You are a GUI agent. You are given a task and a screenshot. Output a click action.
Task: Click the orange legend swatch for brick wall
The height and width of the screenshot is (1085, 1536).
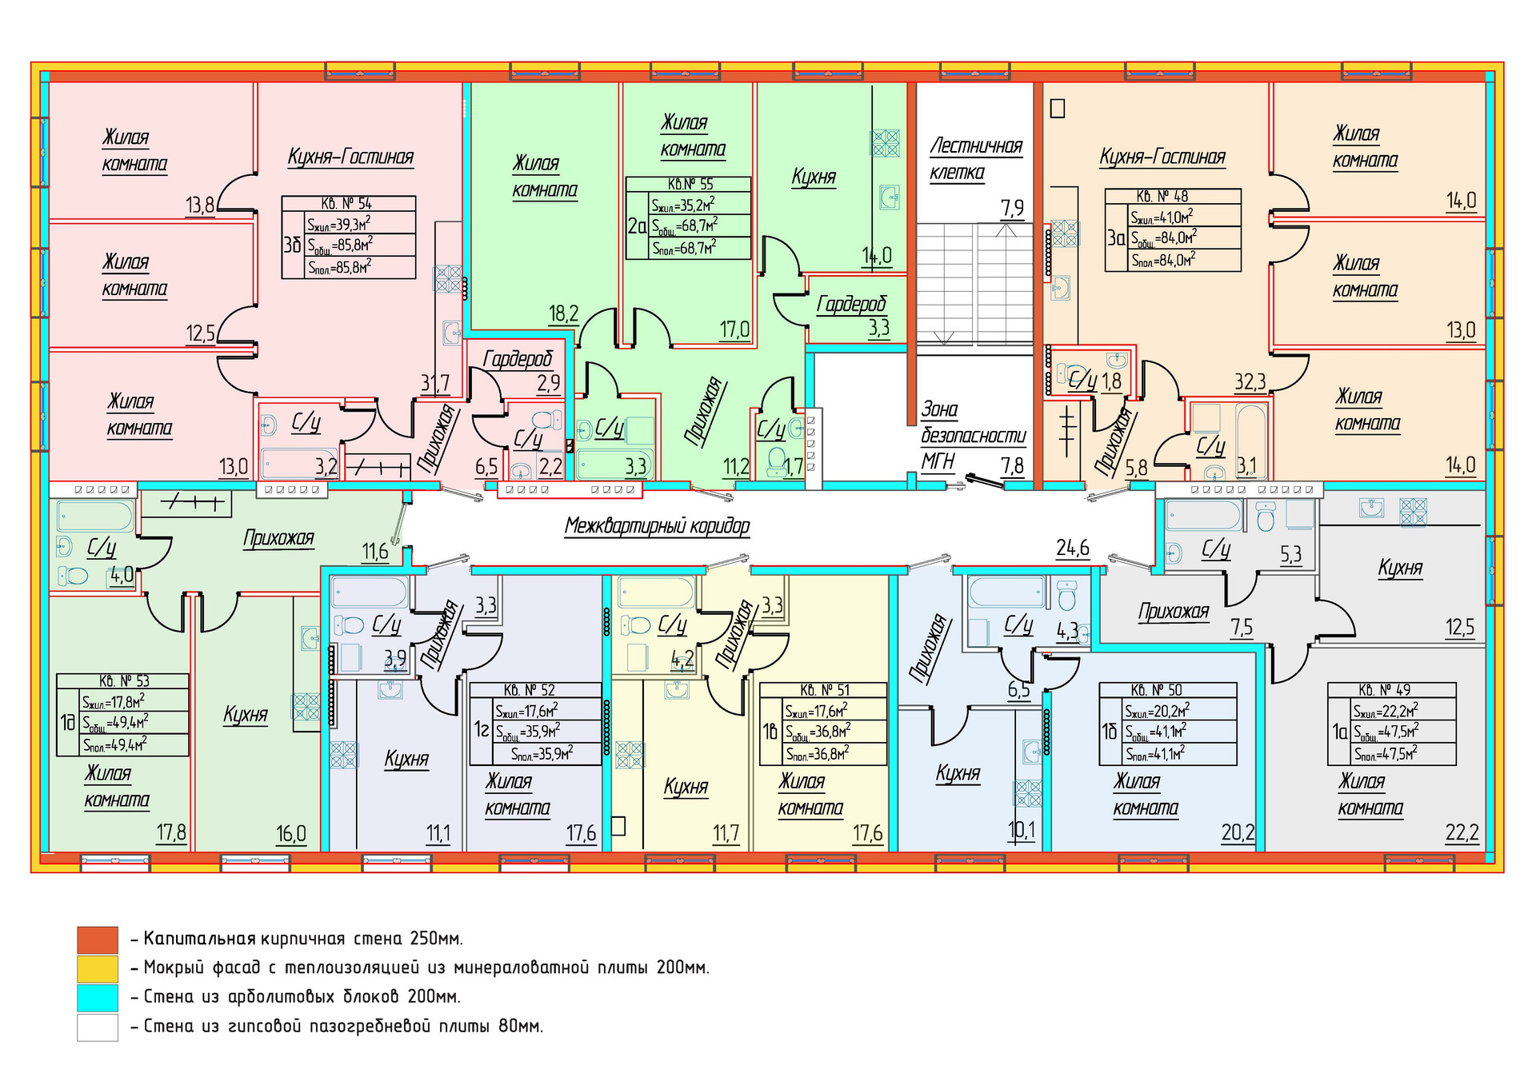click(x=98, y=939)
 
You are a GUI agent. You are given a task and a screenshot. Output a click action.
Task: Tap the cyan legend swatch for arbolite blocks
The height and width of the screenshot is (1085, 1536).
click(x=98, y=997)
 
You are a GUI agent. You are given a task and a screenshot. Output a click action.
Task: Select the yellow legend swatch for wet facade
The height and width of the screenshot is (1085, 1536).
click(x=98, y=968)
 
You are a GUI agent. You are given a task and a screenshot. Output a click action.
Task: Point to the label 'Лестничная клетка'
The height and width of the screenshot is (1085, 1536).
click(x=975, y=159)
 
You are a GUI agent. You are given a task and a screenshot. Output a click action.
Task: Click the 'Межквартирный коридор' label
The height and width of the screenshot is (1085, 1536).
click(x=657, y=526)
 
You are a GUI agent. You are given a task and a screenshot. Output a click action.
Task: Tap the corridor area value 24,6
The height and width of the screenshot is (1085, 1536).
click(x=1072, y=548)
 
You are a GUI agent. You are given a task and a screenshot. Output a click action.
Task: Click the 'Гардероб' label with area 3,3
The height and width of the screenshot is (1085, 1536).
click(x=851, y=304)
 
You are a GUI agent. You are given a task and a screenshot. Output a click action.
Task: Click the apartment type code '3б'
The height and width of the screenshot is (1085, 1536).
click(x=292, y=245)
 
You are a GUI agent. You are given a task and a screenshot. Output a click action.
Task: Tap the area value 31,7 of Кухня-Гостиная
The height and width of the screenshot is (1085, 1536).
click(x=435, y=384)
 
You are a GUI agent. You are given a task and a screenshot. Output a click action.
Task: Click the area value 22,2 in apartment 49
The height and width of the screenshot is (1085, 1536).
click(x=1461, y=833)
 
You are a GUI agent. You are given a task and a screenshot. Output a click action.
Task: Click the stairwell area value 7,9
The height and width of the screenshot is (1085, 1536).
click(x=1012, y=209)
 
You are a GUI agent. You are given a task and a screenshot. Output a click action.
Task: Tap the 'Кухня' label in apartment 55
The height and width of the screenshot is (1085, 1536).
click(x=814, y=177)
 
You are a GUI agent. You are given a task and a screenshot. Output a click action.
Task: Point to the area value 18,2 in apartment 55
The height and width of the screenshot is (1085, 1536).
click(x=563, y=313)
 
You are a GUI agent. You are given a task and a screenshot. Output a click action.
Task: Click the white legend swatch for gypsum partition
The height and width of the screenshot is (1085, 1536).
click(x=98, y=1027)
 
